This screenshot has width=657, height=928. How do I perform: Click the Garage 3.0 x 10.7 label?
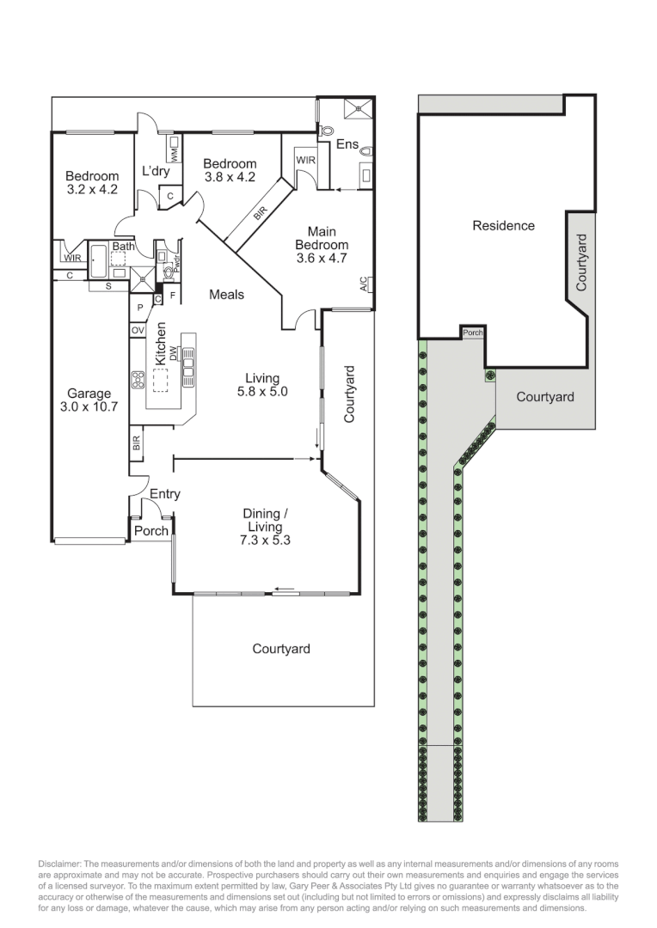(x=89, y=400)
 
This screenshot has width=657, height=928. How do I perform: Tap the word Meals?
(x=226, y=295)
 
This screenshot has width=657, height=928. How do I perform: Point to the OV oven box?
(x=138, y=330)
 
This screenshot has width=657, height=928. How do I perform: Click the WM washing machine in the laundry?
(x=174, y=155)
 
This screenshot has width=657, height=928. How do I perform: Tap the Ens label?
(x=347, y=144)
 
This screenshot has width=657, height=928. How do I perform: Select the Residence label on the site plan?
(x=503, y=226)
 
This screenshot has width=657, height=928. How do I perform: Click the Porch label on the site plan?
(x=471, y=333)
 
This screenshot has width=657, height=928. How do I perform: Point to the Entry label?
(x=164, y=494)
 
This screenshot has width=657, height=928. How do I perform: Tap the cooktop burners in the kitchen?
(x=138, y=378)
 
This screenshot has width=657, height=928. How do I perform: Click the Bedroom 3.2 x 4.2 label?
(x=92, y=183)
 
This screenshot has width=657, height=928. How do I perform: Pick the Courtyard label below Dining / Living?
(x=281, y=649)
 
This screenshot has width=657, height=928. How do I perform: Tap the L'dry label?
(x=156, y=171)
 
